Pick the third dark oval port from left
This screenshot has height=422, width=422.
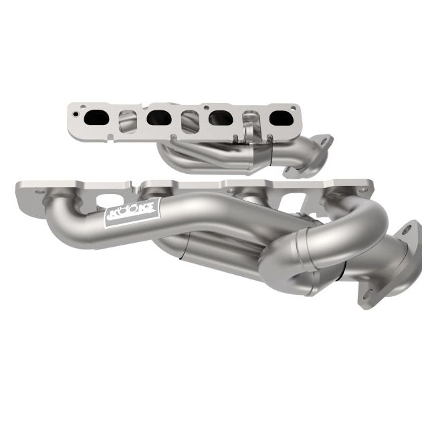(221, 118)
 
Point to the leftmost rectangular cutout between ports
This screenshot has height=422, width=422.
(128, 120)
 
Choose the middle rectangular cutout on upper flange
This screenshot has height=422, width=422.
(190, 120)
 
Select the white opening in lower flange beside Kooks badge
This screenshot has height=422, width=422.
(107, 201)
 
